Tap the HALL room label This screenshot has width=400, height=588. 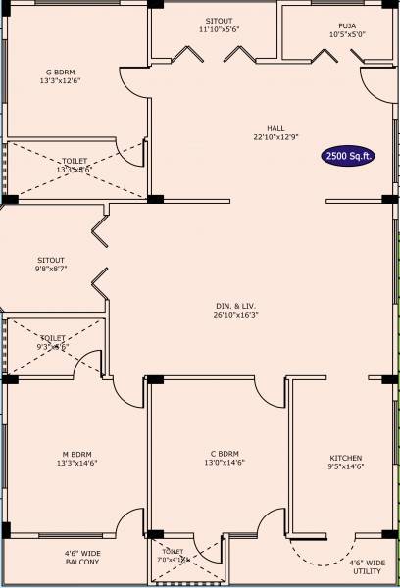[x=275, y=127]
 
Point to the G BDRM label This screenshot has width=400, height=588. [x=61, y=72]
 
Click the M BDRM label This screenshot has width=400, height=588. [x=76, y=454]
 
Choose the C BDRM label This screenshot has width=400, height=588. [x=225, y=454]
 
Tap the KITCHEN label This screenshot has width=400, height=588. [x=345, y=458]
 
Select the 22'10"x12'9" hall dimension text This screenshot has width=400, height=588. [x=275, y=136]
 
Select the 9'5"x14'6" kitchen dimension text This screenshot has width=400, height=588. [x=345, y=467]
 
